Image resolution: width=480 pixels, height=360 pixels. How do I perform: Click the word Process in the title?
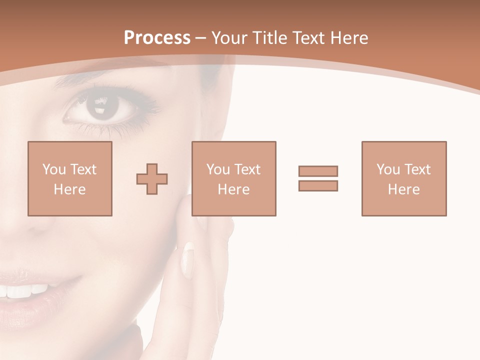[x=157, y=38]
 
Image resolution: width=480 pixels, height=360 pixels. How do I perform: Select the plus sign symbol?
[x=152, y=178]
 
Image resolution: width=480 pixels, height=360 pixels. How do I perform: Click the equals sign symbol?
[x=318, y=178]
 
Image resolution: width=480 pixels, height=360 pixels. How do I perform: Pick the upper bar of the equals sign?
[x=318, y=171]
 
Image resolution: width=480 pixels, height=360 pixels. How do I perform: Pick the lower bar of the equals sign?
[x=318, y=185]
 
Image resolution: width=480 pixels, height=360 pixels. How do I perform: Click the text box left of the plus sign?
[x=70, y=178]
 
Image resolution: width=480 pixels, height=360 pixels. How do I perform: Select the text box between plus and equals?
[x=234, y=178]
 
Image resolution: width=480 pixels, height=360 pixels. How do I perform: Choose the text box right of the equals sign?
[x=404, y=178]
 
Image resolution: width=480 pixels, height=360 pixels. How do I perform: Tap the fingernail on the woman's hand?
[x=188, y=259]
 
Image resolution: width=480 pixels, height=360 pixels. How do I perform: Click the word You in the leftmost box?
[x=53, y=169]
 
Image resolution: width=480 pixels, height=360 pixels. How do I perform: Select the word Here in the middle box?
[x=234, y=189]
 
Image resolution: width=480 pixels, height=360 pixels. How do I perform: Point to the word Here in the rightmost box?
[x=404, y=189]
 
